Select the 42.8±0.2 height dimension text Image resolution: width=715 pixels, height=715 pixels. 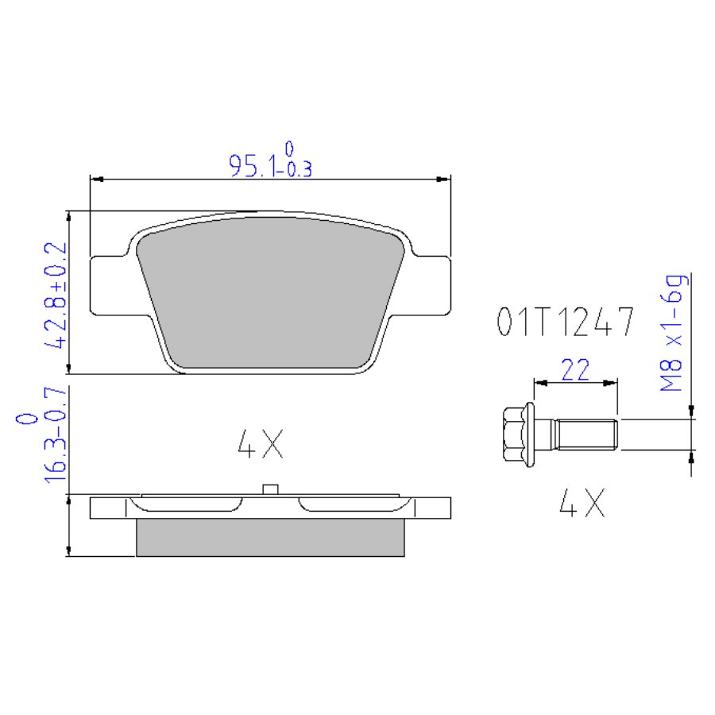coord(55,296)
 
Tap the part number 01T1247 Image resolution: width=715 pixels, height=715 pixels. coord(565,322)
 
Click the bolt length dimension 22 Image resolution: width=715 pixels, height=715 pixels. coord(575,369)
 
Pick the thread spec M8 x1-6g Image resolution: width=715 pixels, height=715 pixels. coord(672,333)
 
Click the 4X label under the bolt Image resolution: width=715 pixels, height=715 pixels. coord(582,503)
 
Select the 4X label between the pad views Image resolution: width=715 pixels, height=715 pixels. coord(261,443)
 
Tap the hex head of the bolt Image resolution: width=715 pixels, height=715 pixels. coord(513,434)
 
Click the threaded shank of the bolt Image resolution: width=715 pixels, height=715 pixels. coord(586,435)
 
